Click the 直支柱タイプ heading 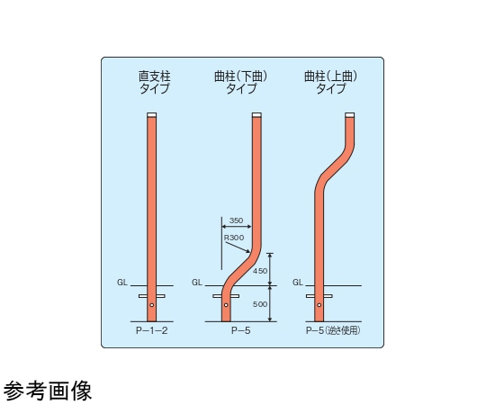coord(155,83)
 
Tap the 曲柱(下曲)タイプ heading coord(241,83)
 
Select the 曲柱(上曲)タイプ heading coord(330,83)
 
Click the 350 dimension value coord(236,220)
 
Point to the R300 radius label coord(234,238)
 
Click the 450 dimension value coord(260,271)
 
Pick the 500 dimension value coord(260,304)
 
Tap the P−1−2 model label coord(152,330)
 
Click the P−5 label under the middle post coord(241,330)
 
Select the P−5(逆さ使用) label coord(333,330)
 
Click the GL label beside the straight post coord(122,283)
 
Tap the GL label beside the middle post coord(197,283)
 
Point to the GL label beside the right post coord(298,283)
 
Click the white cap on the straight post coord(151,115)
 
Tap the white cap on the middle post coord(256,115)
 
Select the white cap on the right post coord(350,115)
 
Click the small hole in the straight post coord(151,305)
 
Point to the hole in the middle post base coord(226,305)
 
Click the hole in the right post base coord(319,305)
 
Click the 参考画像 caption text coord(48,391)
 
